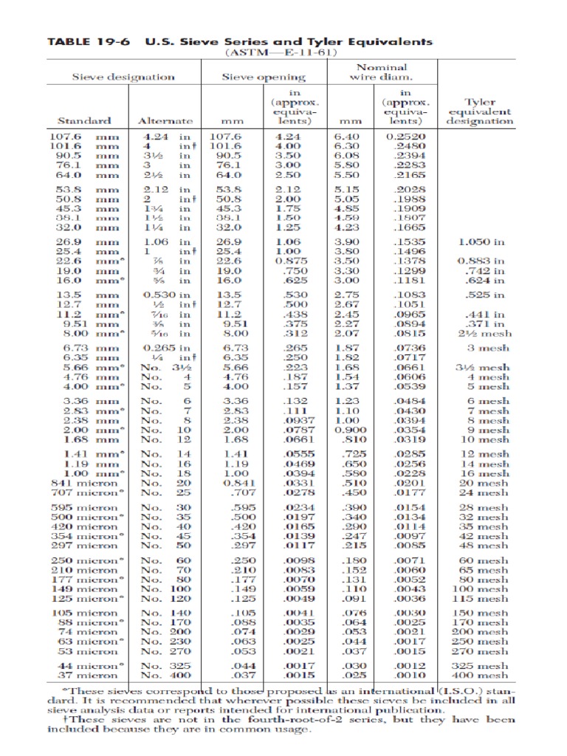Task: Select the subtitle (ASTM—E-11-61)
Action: point(283,54)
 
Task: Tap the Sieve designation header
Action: point(123,76)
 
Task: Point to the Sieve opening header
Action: point(264,76)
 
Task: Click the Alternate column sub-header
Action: point(165,120)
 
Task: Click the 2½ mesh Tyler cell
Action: point(484,333)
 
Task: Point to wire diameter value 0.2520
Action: point(405,137)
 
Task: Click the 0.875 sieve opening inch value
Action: point(285,261)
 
